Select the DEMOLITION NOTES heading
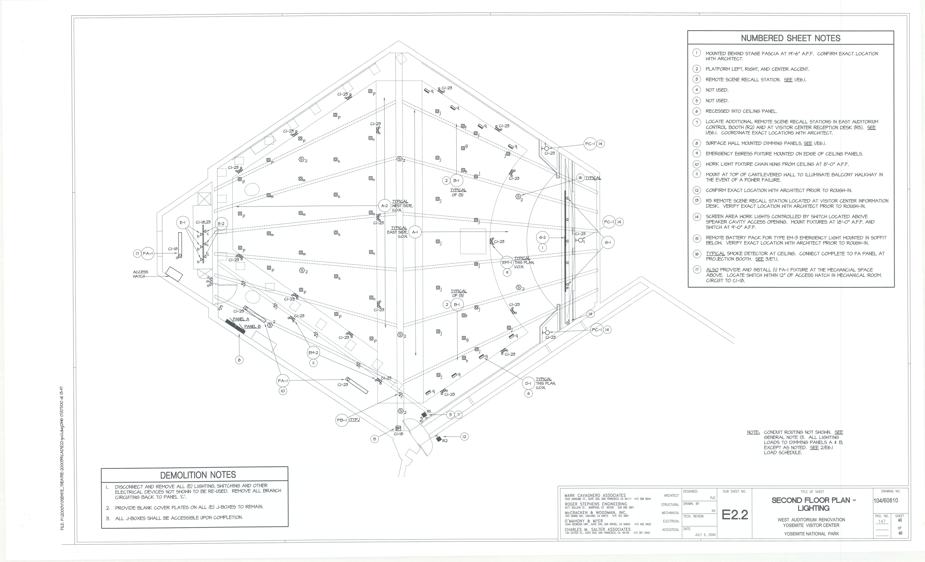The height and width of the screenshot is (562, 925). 198,475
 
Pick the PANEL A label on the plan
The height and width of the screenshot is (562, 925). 241,319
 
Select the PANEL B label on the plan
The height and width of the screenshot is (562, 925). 252,326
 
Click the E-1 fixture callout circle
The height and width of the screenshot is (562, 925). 183,223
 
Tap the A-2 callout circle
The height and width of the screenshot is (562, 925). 384,206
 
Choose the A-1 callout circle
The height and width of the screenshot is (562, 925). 415,232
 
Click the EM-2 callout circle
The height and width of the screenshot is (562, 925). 313,353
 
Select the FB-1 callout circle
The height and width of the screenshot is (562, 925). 342,420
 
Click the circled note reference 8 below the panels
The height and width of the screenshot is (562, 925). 239,360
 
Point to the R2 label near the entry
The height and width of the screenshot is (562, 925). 445,441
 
